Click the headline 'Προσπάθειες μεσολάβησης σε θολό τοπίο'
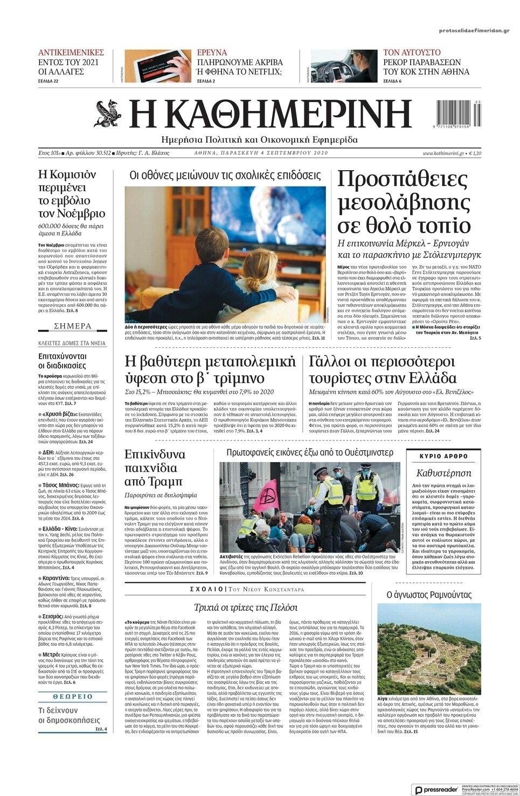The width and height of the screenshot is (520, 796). [404, 201]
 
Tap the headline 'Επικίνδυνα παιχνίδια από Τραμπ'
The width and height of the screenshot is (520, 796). [155, 467]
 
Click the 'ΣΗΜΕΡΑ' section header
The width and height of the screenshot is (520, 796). [73, 326]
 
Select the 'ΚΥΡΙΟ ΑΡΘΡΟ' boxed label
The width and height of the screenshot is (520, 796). [443, 456]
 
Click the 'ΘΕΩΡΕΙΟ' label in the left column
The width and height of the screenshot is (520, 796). [73, 696]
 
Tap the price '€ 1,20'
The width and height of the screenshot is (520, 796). [475, 153]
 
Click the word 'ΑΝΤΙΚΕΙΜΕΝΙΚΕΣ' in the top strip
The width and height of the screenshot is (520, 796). [71, 53]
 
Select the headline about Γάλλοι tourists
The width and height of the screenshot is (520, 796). [383, 369]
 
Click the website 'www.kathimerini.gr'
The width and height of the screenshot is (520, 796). [443, 153]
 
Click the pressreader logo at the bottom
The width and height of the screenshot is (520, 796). [435, 790]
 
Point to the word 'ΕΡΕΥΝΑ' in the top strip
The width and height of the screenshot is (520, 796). [212, 53]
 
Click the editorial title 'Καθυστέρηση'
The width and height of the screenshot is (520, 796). [443, 473]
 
